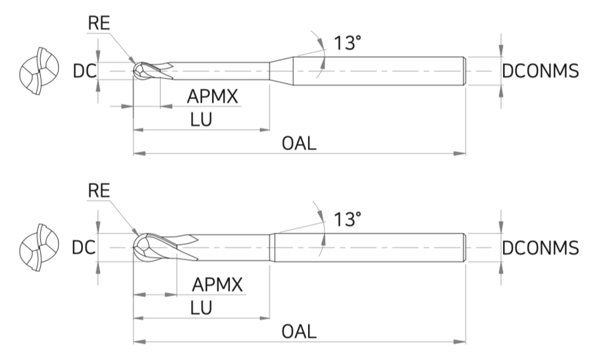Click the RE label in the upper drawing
(99, 23)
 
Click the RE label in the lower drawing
(99, 191)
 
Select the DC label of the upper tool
(84, 72)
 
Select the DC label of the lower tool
(84, 247)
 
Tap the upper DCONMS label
(541, 71)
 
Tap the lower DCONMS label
(541, 247)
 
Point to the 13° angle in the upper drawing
(348, 43)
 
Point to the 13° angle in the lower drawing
(348, 219)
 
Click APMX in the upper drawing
(212, 96)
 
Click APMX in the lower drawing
(217, 285)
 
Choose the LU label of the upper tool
(201, 120)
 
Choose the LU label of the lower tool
(201, 308)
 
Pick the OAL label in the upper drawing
(299, 143)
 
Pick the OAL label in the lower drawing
(299, 332)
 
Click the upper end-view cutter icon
(39, 72)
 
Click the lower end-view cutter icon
(39, 247)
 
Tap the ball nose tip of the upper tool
(134, 72)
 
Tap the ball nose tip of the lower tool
(134, 247)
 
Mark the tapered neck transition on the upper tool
(282, 71)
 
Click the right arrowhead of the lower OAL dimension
(460, 342)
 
